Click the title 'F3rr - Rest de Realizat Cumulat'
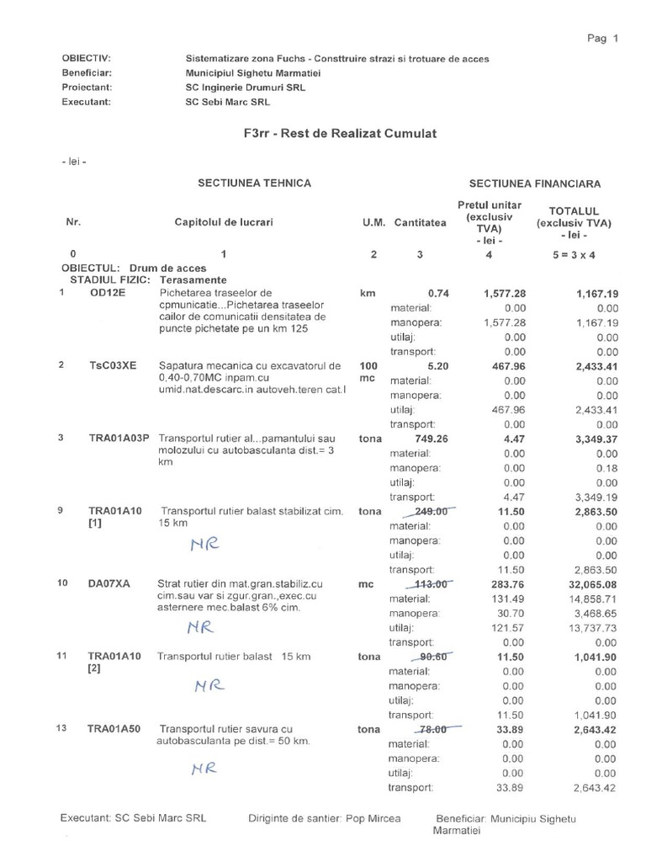pos(339,134)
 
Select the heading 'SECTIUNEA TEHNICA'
pos(254,183)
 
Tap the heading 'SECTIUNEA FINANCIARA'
pos(535,183)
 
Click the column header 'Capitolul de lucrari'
pos(224,222)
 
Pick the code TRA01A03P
pos(118,438)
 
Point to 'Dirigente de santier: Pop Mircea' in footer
pos(324,818)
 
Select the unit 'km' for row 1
pos(367,294)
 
